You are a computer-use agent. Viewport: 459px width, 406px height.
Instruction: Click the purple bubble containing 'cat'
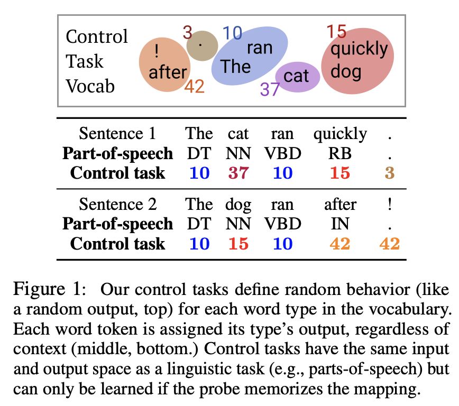[x=297, y=76]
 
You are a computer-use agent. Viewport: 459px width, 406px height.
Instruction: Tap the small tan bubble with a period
[x=199, y=45]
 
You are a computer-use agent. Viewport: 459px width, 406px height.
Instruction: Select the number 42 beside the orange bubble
[x=195, y=86]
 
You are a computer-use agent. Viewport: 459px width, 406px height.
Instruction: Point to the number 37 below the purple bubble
[x=270, y=89]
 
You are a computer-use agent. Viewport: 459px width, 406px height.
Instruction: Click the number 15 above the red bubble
[x=336, y=32]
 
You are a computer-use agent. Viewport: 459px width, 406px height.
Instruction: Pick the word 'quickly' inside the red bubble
[x=359, y=49]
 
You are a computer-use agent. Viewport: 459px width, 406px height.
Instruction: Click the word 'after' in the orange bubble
[x=168, y=72]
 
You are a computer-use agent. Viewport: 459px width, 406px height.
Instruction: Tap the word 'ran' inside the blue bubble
[x=259, y=48]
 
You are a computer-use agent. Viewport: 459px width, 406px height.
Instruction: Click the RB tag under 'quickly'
[x=339, y=153]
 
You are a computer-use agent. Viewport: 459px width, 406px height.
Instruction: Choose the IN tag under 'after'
[x=340, y=224]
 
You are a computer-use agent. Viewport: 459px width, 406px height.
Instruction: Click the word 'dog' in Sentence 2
[x=238, y=204]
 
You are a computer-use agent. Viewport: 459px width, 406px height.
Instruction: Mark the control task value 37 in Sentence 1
[x=238, y=173]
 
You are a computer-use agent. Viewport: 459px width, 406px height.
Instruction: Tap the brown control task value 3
[x=390, y=173]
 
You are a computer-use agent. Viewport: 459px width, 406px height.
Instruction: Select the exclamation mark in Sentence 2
[x=389, y=204]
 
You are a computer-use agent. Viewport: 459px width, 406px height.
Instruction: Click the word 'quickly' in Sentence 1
[x=339, y=134]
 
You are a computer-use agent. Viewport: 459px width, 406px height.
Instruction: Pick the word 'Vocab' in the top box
[x=90, y=86]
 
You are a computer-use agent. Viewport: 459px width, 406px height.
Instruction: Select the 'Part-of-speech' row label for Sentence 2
[x=117, y=224]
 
